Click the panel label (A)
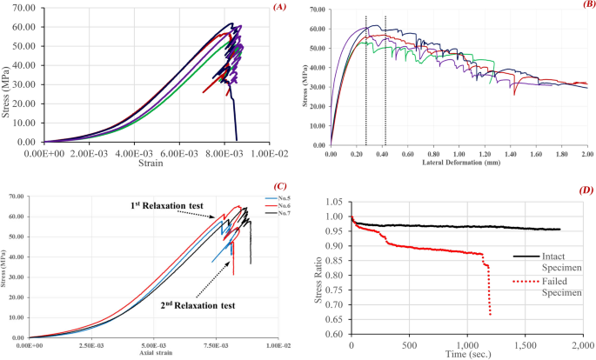pos(278,7)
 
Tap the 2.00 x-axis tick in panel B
pos(586,154)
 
